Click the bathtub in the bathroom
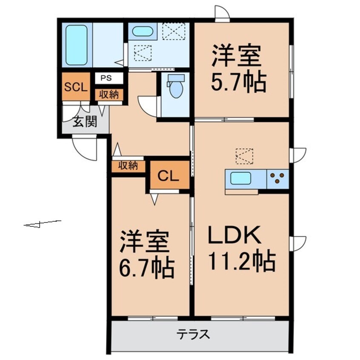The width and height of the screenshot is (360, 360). coord(77,44)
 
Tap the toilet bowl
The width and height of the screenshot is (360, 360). coord(175,88)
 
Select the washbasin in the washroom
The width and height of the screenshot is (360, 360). coord(143,31)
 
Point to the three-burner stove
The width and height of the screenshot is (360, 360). coord(278,178)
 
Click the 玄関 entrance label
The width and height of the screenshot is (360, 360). coord(84,122)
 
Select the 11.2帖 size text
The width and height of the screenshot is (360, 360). coord(241,261)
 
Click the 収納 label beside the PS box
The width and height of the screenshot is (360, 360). coord(109,94)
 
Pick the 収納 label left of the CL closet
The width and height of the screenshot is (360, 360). coord(128,166)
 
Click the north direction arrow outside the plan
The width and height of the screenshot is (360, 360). coord(42,223)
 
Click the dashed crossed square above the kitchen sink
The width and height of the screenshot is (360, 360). coord(244,156)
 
